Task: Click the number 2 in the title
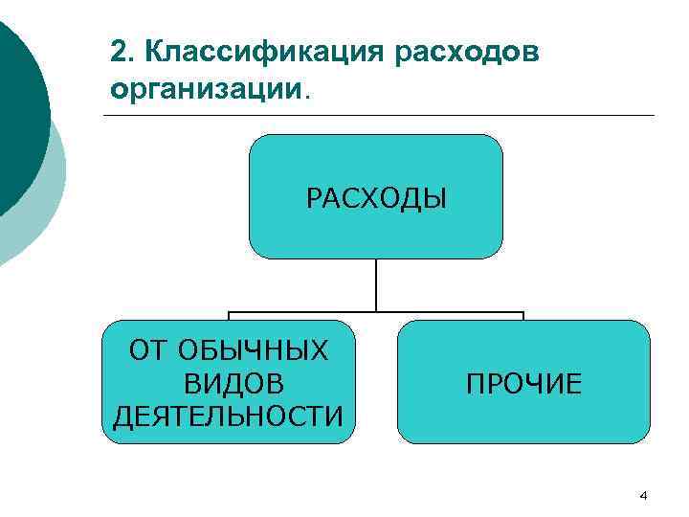pyautogui.click(x=117, y=53)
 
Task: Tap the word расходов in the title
pyautogui.click(x=467, y=53)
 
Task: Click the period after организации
pyautogui.click(x=307, y=95)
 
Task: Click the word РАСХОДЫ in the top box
pyautogui.click(x=376, y=199)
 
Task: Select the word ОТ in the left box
pyautogui.click(x=147, y=351)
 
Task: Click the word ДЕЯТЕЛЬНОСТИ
pyautogui.click(x=229, y=416)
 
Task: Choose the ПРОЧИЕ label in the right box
pyautogui.click(x=523, y=384)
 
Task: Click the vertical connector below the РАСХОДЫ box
pyautogui.click(x=376, y=284)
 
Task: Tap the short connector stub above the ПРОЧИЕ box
pyautogui.click(x=523, y=316)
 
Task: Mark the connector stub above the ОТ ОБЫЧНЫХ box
pyautogui.click(x=229, y=316)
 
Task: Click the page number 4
pyautogui.click(x=643, y=495)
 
